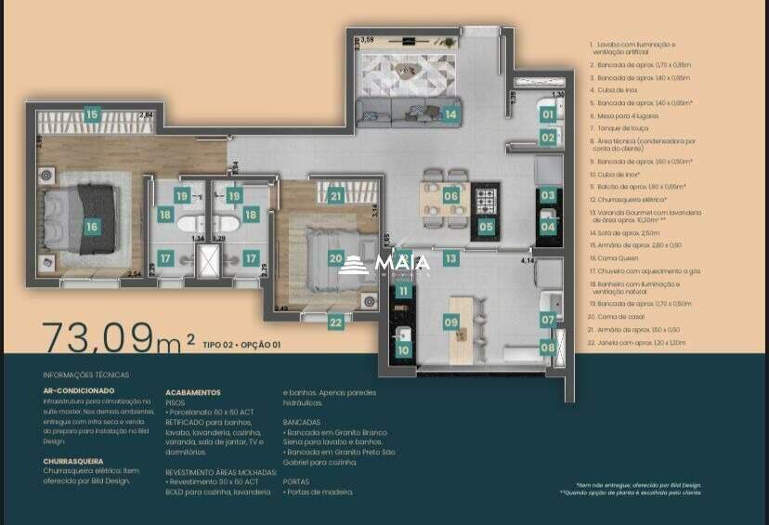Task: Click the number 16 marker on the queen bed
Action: (91, 226)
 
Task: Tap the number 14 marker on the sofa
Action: (450, 115)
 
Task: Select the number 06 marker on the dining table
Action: (450, 196)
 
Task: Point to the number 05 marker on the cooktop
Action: (486, 226)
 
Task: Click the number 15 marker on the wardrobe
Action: (91, 115)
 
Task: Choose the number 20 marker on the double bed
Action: (335, 259)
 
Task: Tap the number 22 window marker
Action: (335, 322)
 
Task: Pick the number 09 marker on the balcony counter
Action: (450, 322)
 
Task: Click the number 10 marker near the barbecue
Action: (402, 350)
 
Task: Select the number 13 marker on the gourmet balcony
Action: (450, 259)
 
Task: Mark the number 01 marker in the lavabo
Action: (547, 115)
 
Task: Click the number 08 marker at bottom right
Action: (547, 348)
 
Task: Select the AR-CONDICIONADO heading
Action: (79, 391)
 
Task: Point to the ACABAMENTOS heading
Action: (191, 393)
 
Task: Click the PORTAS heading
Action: (296, 481)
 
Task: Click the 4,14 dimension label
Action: (528, 261)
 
